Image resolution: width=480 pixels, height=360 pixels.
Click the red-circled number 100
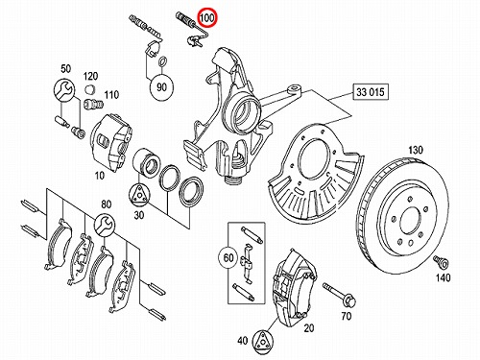click(x=207, y=17)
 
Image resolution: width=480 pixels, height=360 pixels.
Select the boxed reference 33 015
click(x=371, y=92)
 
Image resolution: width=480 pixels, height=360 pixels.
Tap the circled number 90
click(x=162, y=86)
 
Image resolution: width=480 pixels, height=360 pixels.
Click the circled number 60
click(x=228, y=258)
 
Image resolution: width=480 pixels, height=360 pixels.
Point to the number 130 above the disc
click(x=416, y=150)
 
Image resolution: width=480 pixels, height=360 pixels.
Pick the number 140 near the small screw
click(x=443, y=277)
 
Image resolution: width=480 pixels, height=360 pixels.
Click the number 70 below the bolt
click(x=347, y=316)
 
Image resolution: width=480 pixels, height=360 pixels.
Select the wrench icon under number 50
click(x=64, y=89)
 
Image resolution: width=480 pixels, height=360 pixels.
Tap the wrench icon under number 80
click(x=105, y=225)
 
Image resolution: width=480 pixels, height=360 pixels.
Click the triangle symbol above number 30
click(x=139, y=194)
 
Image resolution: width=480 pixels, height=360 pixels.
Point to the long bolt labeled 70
click(x=339, y=294)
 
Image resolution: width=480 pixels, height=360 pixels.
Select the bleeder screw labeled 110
click(x=93, y=105)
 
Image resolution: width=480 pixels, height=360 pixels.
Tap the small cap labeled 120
click(x=90, y=89)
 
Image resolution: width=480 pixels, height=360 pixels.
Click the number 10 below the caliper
click(x=100, y=176)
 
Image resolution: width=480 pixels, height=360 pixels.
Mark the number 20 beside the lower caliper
click(x=309, y=328)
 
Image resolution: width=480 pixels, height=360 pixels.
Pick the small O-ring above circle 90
click(x=162, y=61)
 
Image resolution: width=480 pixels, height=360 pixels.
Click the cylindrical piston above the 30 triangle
click(x=148, y=162)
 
